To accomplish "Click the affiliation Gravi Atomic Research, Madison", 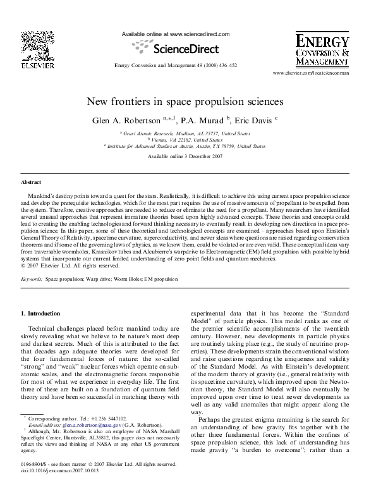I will pyautogui.click(x=189, y=134).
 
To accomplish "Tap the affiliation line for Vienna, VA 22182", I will pyautogui.click(x=189, y=140).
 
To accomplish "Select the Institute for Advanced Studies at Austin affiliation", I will pyautogui.click(x=189, y=146).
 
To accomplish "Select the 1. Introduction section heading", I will pyautogui.click(x=41, y=314).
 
